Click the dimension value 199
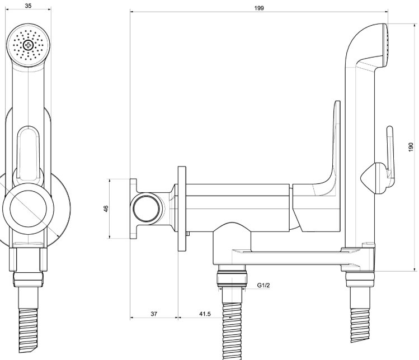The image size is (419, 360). coord(258,8)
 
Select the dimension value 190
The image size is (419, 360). coord(411,146)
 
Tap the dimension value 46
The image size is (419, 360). coord(106,209)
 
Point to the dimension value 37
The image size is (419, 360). coord(153,314)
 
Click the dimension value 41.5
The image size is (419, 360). coord(205,314)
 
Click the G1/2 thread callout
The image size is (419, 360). coord(264,286)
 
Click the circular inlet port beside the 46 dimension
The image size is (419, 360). coord(146,209)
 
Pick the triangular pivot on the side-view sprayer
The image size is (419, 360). coord(370,180)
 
